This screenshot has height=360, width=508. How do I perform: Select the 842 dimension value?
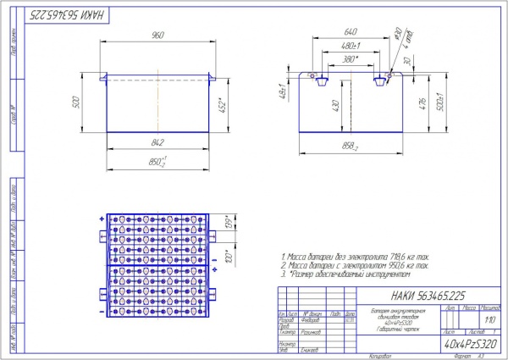tap(157, 142)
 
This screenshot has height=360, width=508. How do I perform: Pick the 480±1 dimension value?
tap(354, 47)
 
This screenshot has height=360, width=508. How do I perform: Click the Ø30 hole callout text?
tap(395, 35)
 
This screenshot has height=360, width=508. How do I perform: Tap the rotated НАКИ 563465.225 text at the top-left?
tap(59, 15)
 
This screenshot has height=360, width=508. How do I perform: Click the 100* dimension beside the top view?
tap(226, 254)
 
